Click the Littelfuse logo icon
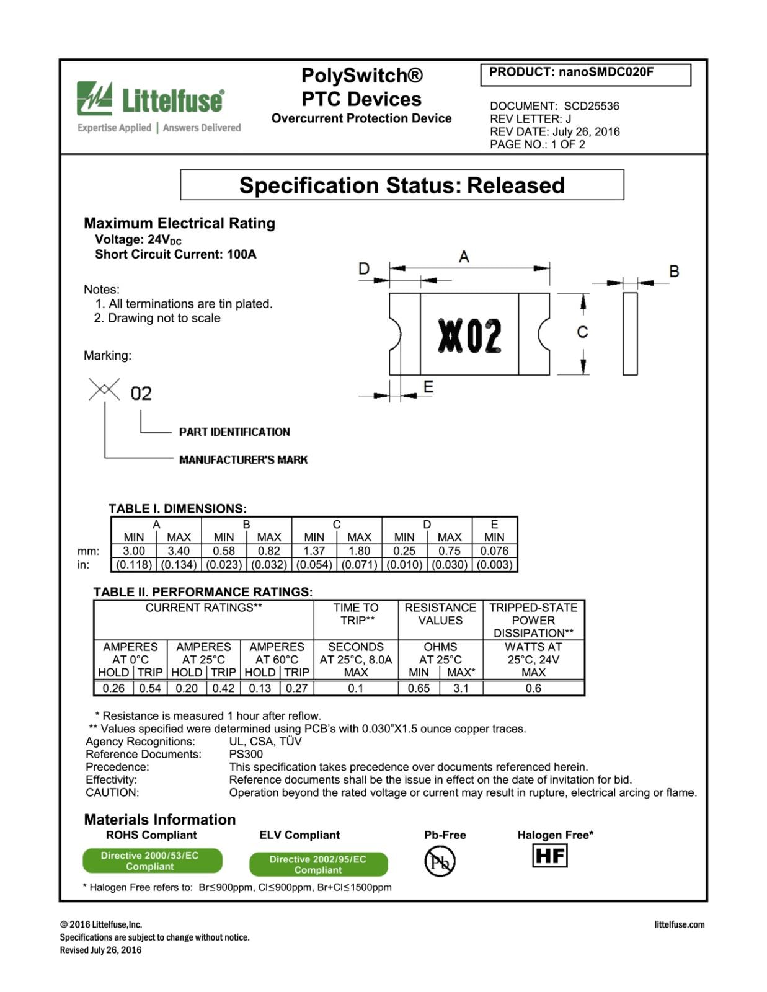click(x=94, y=98)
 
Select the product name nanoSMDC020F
click(x=606, y=72)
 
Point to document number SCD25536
click(x=591, y=106)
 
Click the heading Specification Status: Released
click(x=402, y=185)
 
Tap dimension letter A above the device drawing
click(x=464, y=257)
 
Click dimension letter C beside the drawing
click(x=582, y=332)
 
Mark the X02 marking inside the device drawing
click(x=469, y=335)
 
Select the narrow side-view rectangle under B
click(x=630, y=334)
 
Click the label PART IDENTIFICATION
click(x=234, y=432)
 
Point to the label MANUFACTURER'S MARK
click(x=243, y=460)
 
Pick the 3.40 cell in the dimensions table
click(x=179, y=551)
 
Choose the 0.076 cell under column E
click(x=494, y=551)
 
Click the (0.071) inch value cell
click(x=359, y=565)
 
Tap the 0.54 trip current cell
click(x=150, y=688)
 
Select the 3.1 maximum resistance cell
click(x=461, y=688)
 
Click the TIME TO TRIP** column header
click(x=356, y=614)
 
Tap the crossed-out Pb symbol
click(x=440, y=862)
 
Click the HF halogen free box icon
click(x=550, y=856)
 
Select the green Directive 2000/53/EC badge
click(x=152, y=861)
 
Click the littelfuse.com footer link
click(x=679, y=924)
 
